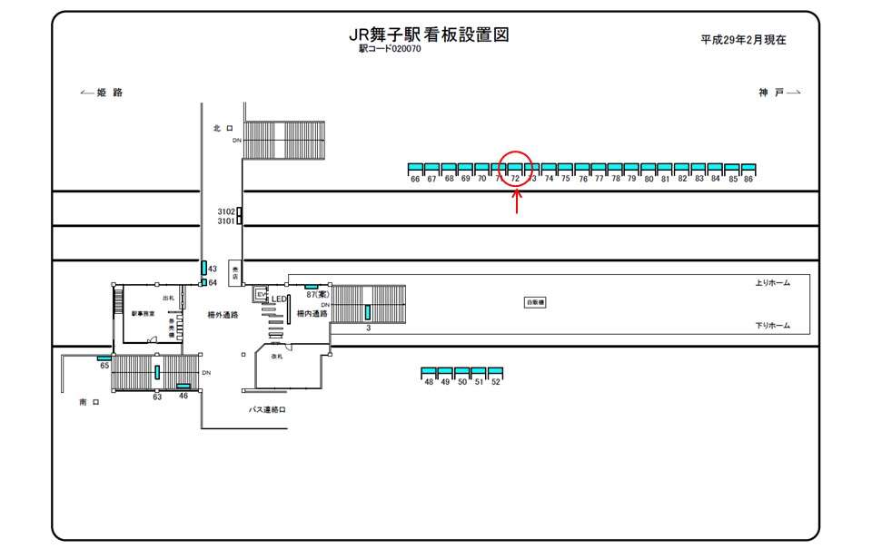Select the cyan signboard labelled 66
tap(416, 169)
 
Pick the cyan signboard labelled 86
tap(748, 169)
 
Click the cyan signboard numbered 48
tap(429, 373)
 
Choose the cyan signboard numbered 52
tap(495, 373)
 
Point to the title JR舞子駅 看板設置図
tap(429, 35)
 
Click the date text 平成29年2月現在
tap(743, 40)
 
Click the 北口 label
tap(223, 129)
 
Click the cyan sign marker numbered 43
tap(203, 268)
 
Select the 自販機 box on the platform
tap(535, 302)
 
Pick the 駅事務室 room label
tap(144, 313)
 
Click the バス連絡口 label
tap(268, 410)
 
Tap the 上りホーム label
tap(772, 283)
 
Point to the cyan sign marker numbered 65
tap(104, 358)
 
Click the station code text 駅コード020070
tap(390, 49)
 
